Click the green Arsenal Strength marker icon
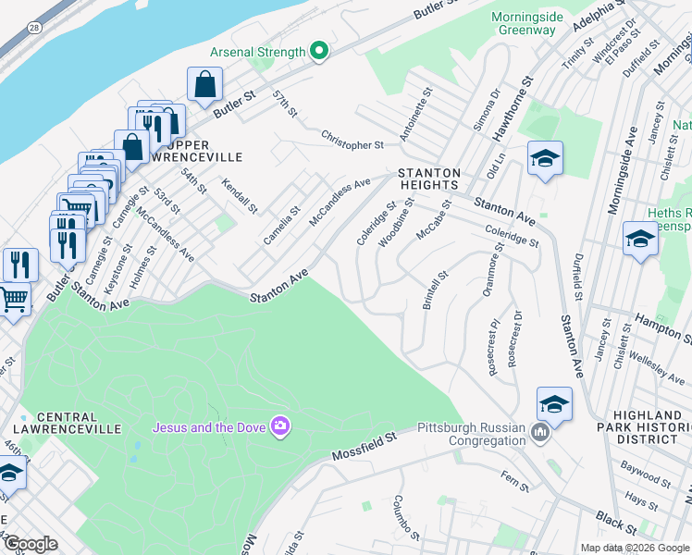click(319, 52)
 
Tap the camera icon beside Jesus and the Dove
click(278, 425)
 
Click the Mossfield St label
click(364, 445)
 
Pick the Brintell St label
click(435, 290)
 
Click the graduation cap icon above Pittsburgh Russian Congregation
click(553, 403)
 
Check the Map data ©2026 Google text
click(634, 548)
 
